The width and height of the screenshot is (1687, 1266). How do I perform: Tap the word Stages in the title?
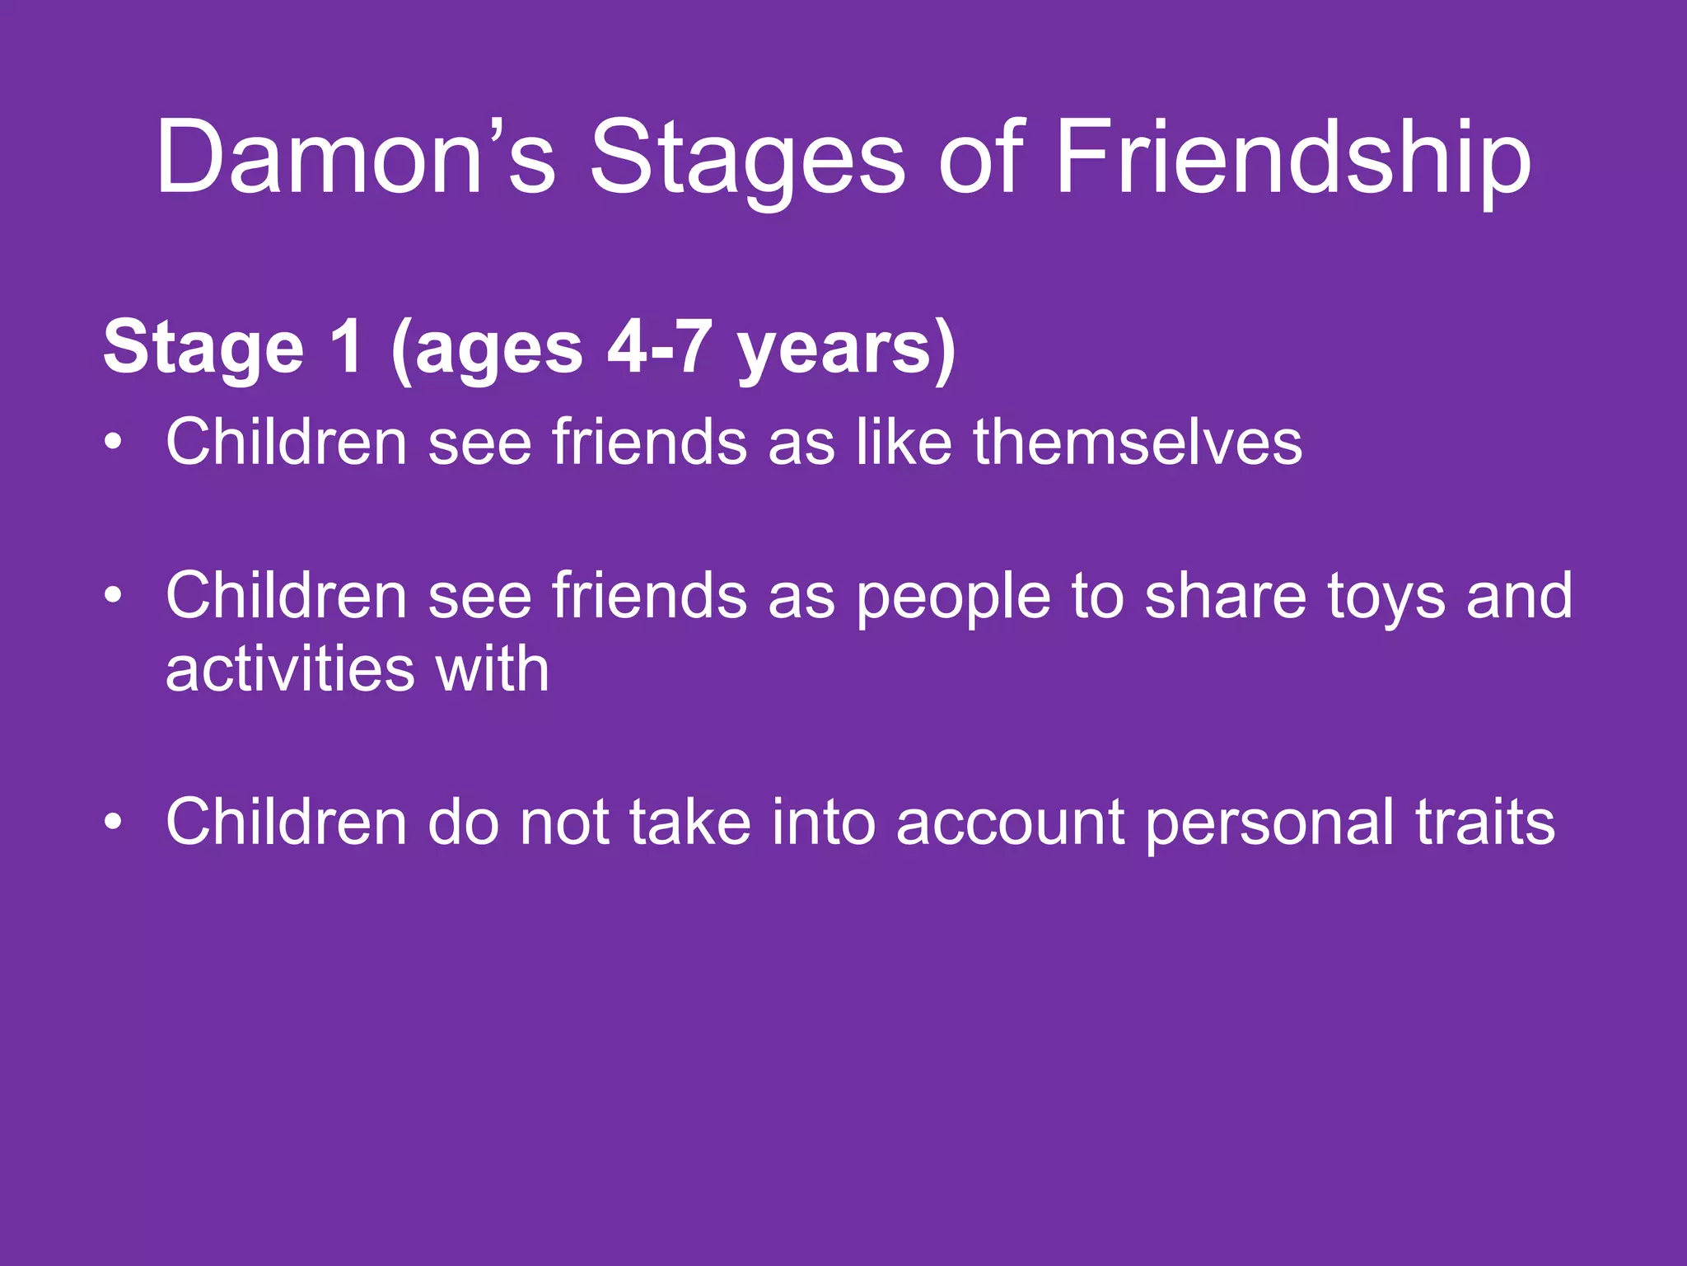(x=748, y=158)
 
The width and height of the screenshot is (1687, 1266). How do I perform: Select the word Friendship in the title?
(x=1292, y=158)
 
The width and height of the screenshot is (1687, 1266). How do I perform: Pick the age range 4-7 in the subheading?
(x=660, y=348)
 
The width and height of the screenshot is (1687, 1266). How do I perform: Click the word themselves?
(x=1138, y=442)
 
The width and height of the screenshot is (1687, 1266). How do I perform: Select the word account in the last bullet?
(x=1010, y=823)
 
